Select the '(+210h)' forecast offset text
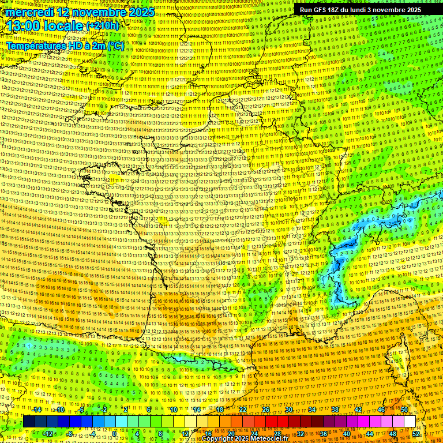[103, 26]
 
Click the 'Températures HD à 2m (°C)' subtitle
[65, 46]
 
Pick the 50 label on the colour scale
[404, 410]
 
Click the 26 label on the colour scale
[266, 410]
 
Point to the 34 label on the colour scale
[312, 410]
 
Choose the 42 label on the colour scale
[358, 410]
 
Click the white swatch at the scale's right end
[410, 422]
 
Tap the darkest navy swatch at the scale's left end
[29, 422]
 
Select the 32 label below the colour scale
[301, 433]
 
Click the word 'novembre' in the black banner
[387, 10]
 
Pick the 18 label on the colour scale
[220, 410]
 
